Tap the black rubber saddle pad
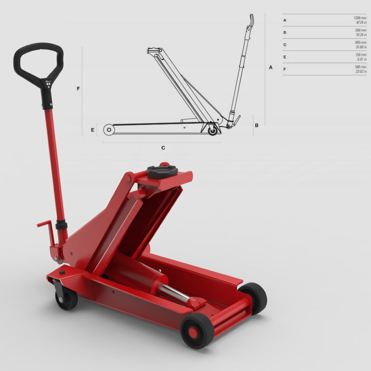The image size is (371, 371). [162, 172]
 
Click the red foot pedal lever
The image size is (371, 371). [45, 224]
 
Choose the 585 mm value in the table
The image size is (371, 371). [361, 67]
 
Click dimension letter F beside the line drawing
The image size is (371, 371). [78, 89]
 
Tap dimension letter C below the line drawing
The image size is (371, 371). [163, 148]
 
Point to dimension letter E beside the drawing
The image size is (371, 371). [92, 130]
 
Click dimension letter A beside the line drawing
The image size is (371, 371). [270, 68]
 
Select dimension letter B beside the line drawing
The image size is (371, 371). [256, 125]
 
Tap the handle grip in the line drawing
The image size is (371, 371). [251, 20]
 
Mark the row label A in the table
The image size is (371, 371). [285, 20]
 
